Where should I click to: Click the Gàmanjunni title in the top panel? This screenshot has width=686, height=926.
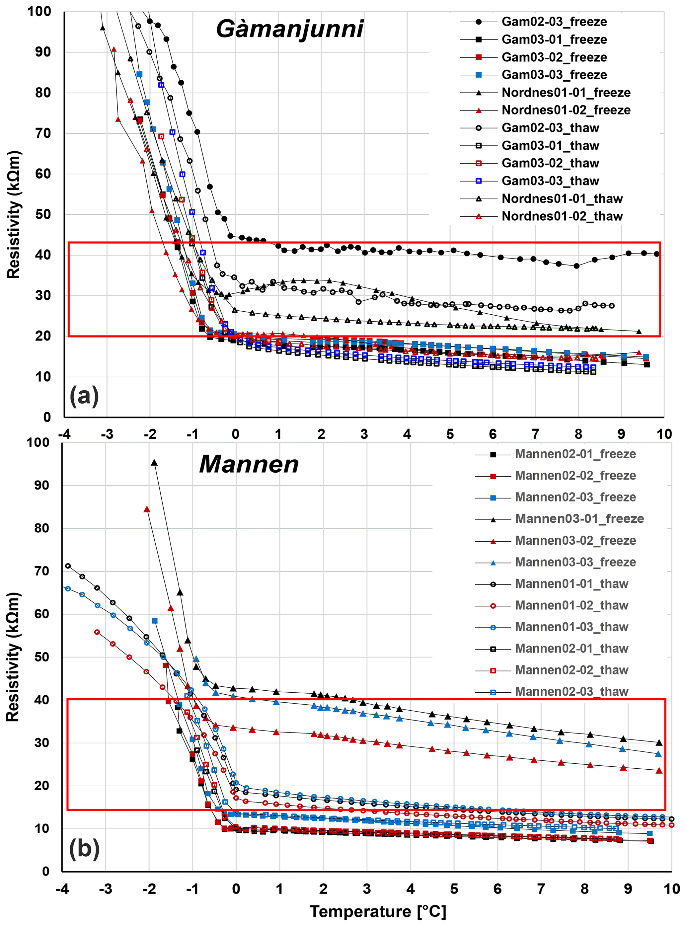click(289, 29)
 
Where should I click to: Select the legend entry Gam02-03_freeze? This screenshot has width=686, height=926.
click(554, 22)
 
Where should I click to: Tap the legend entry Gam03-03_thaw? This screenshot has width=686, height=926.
click(550, 181)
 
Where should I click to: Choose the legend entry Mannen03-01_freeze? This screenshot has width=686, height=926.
click(579, 519)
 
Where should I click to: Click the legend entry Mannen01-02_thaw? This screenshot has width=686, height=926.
click(572, 605)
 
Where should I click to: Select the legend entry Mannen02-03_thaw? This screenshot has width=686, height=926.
click(572, 692)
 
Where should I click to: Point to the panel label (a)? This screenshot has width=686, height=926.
click(84, 395)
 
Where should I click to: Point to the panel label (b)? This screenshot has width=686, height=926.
click(84, 848)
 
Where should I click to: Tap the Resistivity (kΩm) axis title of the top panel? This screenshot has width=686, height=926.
click(13, 214)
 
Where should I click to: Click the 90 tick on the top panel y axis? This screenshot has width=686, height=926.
click(43, 52)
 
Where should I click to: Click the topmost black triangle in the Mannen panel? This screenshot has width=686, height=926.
click(154, 463)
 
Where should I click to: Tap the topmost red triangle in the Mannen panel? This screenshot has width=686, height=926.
click(147, 509)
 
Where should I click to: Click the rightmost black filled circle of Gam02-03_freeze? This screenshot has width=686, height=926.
click(656, 254)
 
